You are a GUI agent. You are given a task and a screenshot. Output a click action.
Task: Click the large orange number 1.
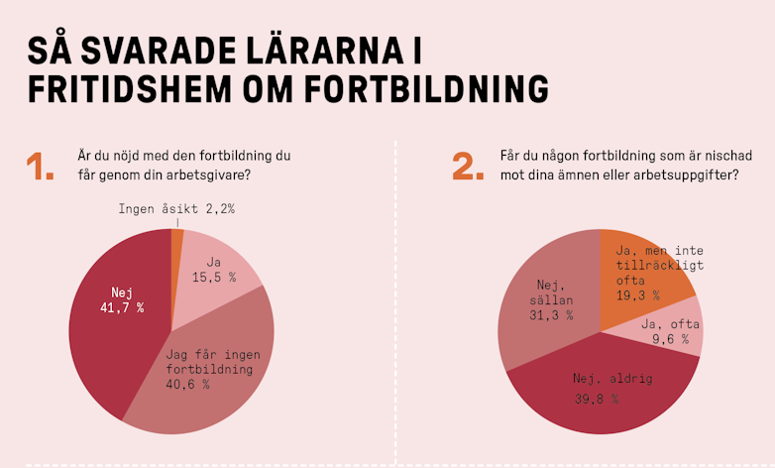41,166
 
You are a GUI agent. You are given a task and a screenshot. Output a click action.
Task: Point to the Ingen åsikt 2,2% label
176,209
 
